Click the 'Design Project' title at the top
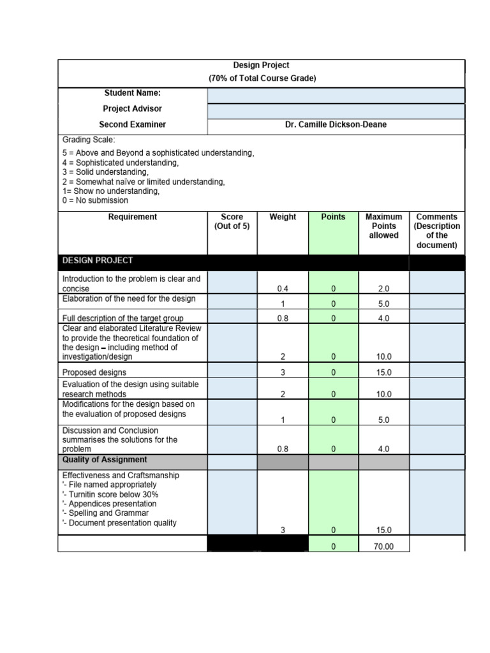point(262,65)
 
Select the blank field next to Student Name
point(336,95)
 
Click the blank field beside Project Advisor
point(336,111)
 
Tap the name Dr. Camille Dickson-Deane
point(336,125)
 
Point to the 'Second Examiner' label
point(132,125)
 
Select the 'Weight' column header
point(283,217)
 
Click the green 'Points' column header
point(333,217)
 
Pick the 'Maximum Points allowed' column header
point(383,226)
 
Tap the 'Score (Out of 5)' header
point(232,222)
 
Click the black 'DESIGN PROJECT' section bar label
point(98,261)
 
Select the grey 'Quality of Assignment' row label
point(105,460)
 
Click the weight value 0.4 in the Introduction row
point(283,289)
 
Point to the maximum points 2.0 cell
point(383,289)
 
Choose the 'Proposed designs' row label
point(94,372)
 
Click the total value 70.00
point(383,547)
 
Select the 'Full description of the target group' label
point(122,318)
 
